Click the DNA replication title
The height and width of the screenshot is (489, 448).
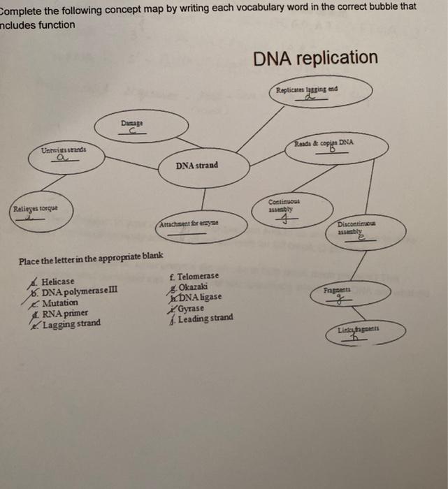click(x=315, y=58)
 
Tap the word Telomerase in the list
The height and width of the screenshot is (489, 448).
click(x=198, y=276)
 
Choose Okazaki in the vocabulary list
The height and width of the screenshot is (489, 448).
click(x=195, y=286)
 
